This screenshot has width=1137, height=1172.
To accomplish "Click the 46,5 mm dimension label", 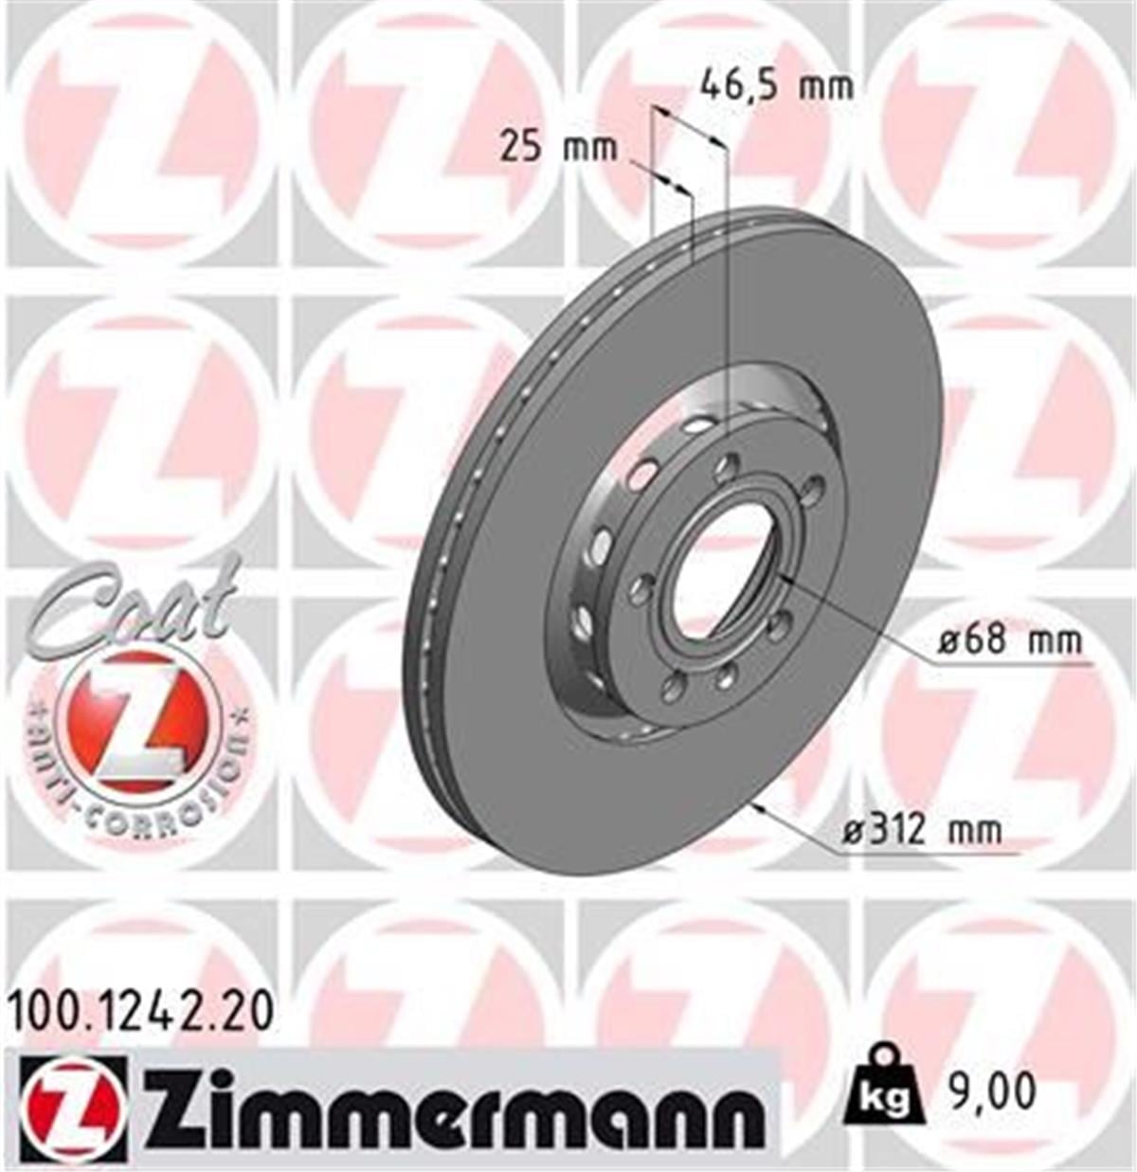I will [x=776, y=86].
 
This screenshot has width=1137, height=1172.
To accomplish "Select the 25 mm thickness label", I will [x=558, y=148].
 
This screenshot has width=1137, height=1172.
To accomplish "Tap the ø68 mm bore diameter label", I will [x=1008, y=641].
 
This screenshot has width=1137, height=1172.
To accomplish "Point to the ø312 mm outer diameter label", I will [x=921, y=831].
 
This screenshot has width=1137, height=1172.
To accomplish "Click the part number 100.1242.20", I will [x=141, y=1012].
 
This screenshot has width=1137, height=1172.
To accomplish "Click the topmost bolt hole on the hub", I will [x=729, y=464].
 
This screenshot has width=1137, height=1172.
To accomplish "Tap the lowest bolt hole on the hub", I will [x=726, y=675].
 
